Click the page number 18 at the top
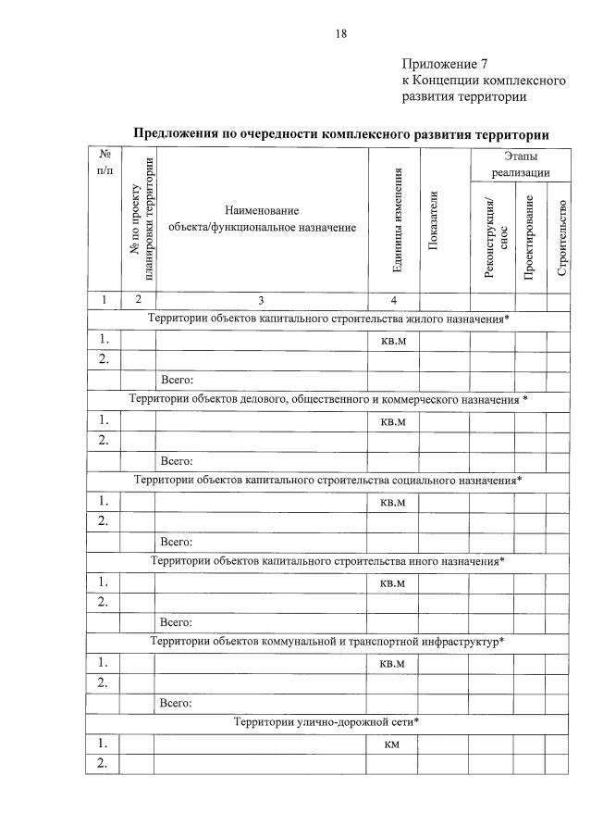pyautogui.click(x=340, y=33)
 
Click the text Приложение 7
pyautogui.click(x=445, y=64)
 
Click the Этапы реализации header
pyautogui.click(x=520, y=165)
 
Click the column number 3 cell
pyautogui.click(x=261, y=299)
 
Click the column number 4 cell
pyautogui.click(x=393, y=299)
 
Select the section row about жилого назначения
pyautogui.click(x=329, y=319)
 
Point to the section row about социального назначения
pyautogui.click(x=328, y=480)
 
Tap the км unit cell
pyautogui.click(x=392, y=743)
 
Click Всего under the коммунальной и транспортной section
pyautogui.click(x=176, y=702)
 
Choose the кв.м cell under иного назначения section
pyautogui.click(x=393, y=583)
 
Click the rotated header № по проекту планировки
pyautogui.click(x=139, y=219)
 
